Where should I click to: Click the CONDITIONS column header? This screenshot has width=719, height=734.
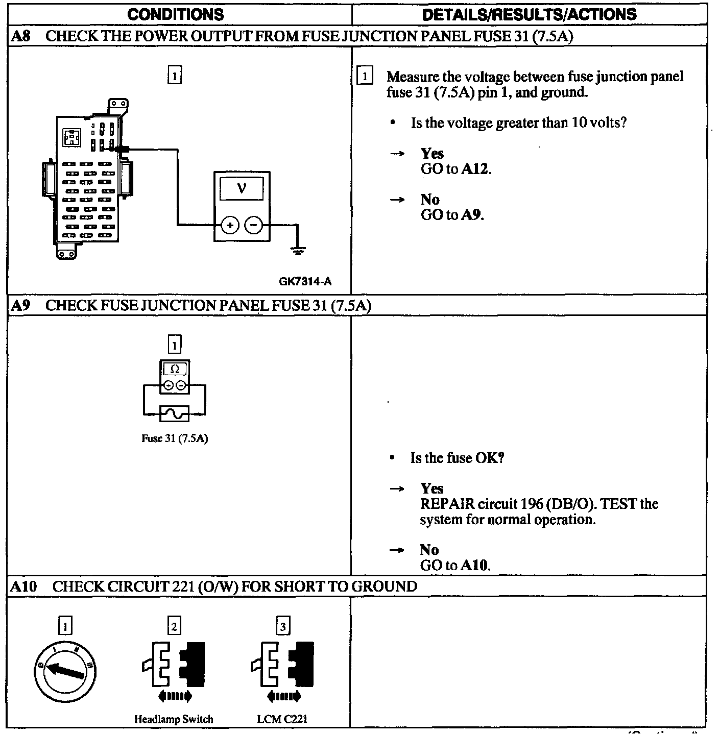[175, 14]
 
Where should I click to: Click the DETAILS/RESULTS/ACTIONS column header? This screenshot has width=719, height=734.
[529, 14]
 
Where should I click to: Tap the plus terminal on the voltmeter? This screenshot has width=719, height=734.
[230, 225]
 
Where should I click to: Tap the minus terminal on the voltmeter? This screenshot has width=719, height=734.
[254, 225]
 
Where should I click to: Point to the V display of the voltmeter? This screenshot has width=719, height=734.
[242, 188]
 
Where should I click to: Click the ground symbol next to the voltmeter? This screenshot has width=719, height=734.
[298, 250]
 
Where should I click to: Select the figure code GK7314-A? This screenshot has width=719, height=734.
[305, 281]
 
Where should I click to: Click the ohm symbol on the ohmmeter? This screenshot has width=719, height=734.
[175, 369]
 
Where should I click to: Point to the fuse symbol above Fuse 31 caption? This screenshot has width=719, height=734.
[175, 413]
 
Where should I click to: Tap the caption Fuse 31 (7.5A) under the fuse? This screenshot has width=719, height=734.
[175, 438]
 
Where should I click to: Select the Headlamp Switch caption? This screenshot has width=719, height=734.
[174, 719]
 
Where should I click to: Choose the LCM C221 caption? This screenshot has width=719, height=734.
[282, 719]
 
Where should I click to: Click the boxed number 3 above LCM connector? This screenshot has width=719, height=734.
[283, 625]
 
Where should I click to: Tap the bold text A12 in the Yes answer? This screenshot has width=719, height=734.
[475, 169]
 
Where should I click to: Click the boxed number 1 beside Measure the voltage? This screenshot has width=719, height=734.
[365, 77]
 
